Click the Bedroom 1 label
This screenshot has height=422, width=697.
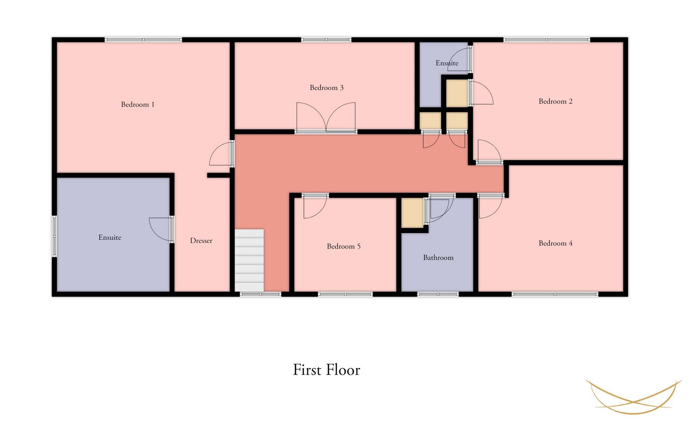[x=137, y=104]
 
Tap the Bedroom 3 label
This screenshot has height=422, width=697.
[x=326, y=88]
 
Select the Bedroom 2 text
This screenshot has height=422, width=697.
[x=555, y=101]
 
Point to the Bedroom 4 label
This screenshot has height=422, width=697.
[x=555, y=243]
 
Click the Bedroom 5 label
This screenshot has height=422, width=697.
[x=344, y=246]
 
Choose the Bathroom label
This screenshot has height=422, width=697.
[x=438, y=257]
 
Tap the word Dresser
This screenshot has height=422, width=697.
[x=201, y=241]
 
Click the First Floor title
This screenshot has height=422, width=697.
[x=326, y=370]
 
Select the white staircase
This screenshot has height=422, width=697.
[x=249, y=260]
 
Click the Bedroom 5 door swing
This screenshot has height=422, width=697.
[x=314, y=206]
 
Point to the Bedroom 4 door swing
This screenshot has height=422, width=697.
[x=490, y=206]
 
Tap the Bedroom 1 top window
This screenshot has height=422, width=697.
[x=143, y=39]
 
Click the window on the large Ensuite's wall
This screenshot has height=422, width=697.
[x=54, y=236]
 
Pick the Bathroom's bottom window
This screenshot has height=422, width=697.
[x=438, y=294]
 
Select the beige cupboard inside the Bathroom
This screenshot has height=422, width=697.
[x=412, y=213]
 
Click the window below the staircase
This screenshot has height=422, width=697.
[x=260, y=294]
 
